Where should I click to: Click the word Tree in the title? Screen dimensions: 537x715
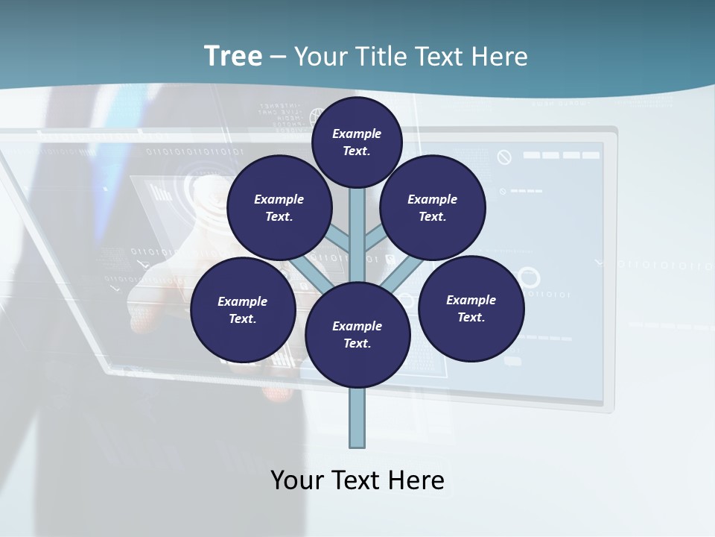[x=233, y=57]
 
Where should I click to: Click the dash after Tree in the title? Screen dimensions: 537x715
[x=278, y=57]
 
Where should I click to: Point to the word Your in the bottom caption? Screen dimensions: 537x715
[x=297, y=480]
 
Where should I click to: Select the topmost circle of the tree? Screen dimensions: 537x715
[x=357, y=142]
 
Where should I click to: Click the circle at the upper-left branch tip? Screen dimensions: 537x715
[x=279, y=207]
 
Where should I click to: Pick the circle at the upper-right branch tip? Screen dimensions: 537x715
[x=433, y=207]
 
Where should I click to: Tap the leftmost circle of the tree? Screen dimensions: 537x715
[x=243, y=310]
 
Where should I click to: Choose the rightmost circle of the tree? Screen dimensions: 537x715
[x=471, y=308]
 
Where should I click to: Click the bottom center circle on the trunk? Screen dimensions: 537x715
[x=357, y=334]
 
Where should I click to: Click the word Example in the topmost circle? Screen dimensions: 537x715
[x=357, y=134]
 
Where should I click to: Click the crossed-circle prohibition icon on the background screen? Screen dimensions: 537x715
[x=504, y=157]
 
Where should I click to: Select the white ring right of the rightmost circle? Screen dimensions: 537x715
[x=528, y=277]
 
